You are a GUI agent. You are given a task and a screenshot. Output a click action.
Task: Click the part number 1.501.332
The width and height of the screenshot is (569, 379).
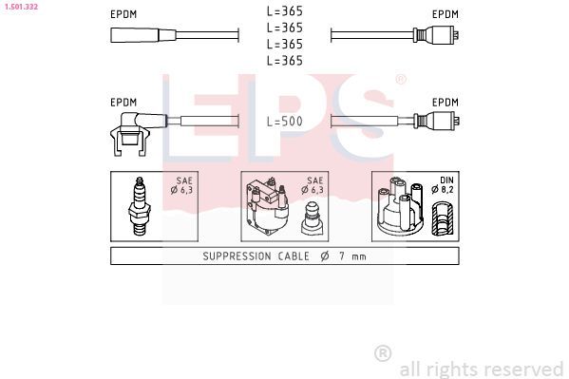click(x=21, y=6)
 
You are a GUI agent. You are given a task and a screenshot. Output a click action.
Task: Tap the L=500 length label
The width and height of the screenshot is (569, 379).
click(x=285, y=122)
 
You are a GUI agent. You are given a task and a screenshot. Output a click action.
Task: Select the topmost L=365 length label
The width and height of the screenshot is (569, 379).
click(x=285, y=11)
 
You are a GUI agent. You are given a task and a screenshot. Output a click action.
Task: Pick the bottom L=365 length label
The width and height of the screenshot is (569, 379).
click(x=285, y=60)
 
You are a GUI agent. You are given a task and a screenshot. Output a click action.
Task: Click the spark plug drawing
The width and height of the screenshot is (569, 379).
click(x=140, y=206)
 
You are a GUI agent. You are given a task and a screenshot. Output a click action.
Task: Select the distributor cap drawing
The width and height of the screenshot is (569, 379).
click(x=401, y=206)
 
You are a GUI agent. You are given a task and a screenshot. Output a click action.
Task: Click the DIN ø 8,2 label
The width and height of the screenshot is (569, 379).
click(x=443, y=185)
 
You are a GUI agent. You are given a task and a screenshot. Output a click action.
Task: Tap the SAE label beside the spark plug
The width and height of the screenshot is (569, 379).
click(x=184, y=180)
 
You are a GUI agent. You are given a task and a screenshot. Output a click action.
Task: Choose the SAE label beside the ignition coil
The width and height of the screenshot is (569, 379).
click(x=314, y=180)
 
